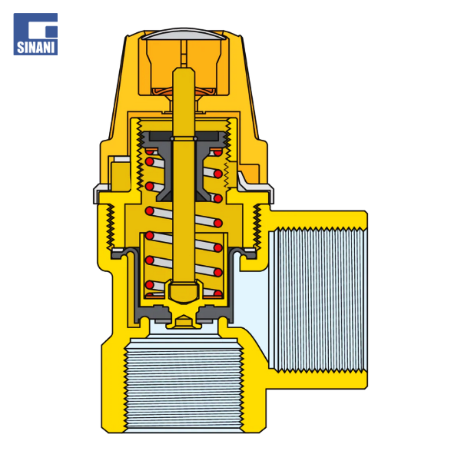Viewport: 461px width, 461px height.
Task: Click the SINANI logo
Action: click(x=35, y=34)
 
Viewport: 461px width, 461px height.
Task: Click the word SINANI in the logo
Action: click(x=35, y=48)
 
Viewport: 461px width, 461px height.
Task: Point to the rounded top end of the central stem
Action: click(x=184, y=71)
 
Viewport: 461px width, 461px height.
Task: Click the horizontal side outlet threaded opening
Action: click(x=317, y=300)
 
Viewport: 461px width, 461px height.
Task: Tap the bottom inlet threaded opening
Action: click(x=184, y=385)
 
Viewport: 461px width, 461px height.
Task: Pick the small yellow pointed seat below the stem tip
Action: click(x=184, y=321)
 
